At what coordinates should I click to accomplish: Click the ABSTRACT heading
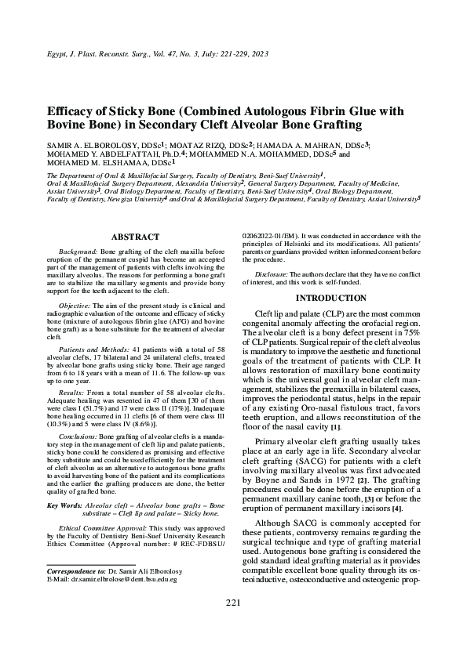tap(135, 237)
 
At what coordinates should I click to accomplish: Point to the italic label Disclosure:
tap(274, 273)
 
